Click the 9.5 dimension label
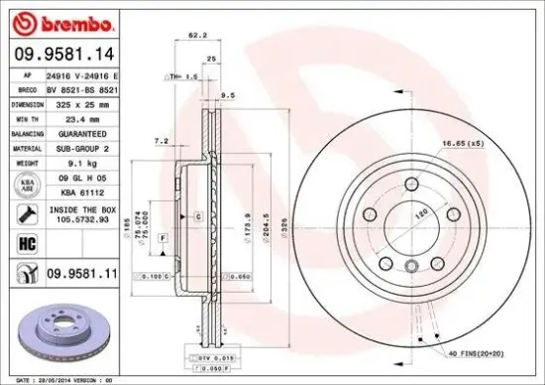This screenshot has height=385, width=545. pos(227,96)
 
